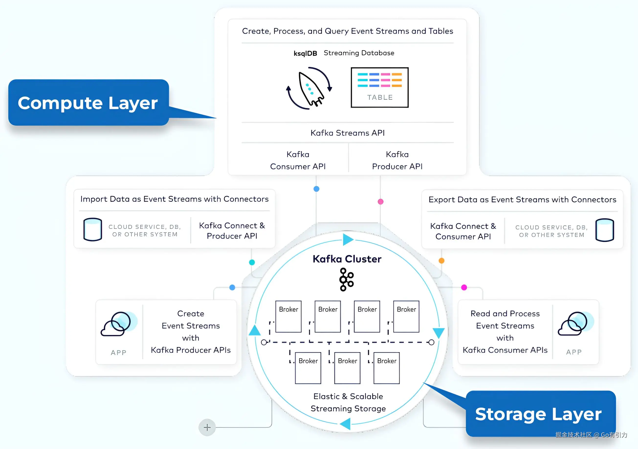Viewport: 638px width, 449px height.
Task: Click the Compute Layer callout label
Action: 88,102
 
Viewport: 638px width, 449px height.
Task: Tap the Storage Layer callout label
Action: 540,414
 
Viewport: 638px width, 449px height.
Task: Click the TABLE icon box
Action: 380,87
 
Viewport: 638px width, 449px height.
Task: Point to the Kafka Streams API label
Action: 348,133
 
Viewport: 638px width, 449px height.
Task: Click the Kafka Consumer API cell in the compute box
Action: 298,160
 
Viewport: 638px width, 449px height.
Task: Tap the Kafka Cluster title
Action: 347,259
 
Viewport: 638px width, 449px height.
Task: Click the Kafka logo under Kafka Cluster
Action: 347,280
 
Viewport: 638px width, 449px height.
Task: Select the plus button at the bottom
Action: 207,427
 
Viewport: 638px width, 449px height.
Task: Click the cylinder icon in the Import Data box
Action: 93,229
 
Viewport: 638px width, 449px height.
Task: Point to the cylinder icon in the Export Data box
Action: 605,230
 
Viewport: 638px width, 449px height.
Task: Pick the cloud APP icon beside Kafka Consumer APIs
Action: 576,324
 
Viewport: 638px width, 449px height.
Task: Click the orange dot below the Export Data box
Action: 441,260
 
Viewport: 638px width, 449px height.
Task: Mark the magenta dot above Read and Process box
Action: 464,287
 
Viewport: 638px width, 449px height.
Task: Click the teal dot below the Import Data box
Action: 252,262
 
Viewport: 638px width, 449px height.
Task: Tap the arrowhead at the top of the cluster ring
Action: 348,239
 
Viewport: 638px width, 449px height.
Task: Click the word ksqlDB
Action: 305,53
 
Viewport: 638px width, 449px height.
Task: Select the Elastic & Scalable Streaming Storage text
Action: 348,402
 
